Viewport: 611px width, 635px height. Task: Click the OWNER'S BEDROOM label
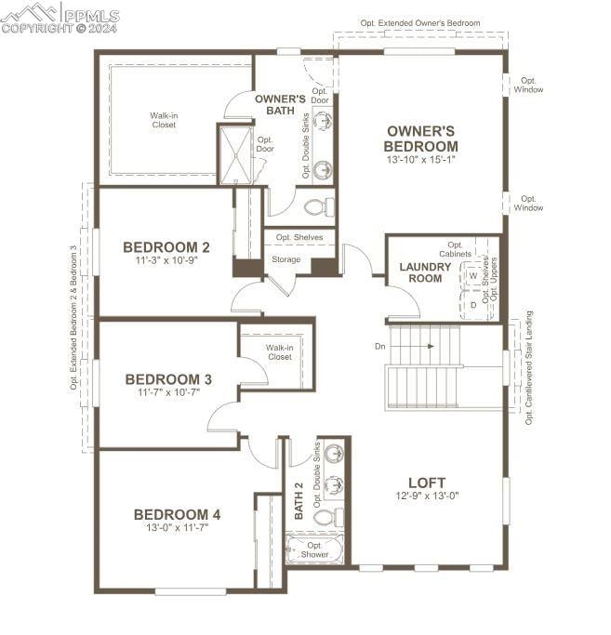pos(421,139)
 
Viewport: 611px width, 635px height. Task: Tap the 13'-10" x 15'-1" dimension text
pos(421,160)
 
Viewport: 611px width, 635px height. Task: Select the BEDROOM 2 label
pos(166,247)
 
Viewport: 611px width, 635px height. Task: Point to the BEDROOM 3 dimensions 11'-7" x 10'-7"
pos(168,392)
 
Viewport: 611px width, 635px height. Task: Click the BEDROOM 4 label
pos(177,515)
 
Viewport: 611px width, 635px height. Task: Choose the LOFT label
pos(427,483)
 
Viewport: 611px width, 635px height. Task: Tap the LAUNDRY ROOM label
pos(425,272)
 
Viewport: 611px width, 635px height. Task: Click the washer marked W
pos(473,276)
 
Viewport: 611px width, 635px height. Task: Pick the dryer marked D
pos(473,305)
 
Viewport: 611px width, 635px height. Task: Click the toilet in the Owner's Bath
pos(319,207)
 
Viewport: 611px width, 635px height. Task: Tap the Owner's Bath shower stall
pos(235,155)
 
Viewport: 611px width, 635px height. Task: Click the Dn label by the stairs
pos(380,346)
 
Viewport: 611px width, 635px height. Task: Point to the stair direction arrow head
pos(432,346)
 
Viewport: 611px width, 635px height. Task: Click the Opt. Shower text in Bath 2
pos(314,550)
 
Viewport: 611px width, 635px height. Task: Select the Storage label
pos(286,259)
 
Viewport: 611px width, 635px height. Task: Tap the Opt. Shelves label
pos(299,237)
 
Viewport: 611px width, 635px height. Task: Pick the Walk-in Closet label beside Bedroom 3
pos(280,352)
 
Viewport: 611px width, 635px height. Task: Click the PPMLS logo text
pos(92,16)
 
